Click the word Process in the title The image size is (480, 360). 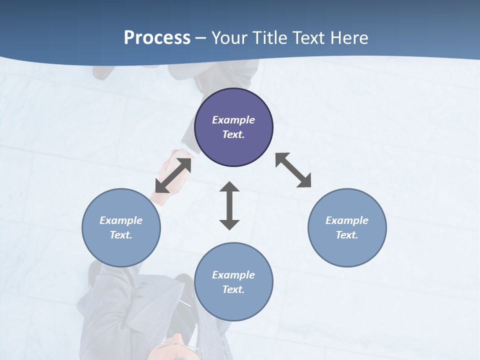point(157,38)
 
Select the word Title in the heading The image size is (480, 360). point(270,38)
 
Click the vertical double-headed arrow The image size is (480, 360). point(229,205)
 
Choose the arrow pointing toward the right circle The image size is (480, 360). point(293,170)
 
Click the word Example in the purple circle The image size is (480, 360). point(233,120)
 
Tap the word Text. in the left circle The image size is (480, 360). point(121,235)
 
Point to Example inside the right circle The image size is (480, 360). point(347,220)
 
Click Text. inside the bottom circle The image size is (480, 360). point(233,289)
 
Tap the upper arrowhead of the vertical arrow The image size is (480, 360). point(229,187)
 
